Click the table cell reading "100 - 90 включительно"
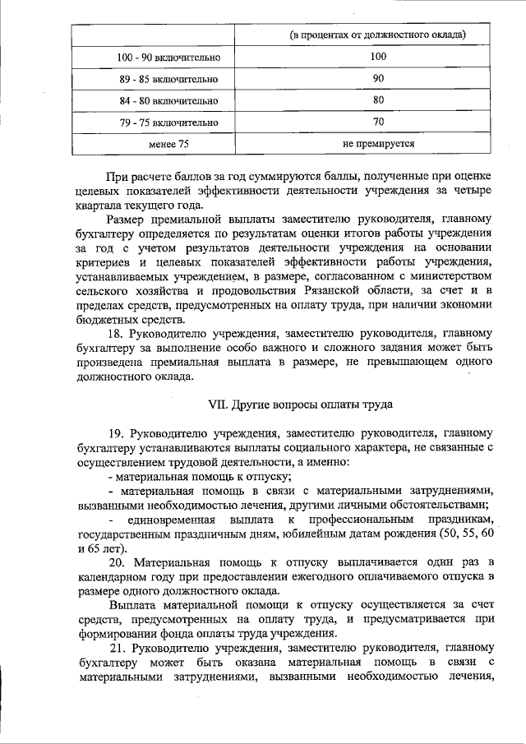[x=168, y=58]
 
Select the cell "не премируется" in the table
[x=378, y=143]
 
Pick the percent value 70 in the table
[x=378, y=122]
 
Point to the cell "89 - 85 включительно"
[x=168, y=80]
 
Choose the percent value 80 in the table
[x=378, y=100]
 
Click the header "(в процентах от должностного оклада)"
[x=378, y=35]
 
